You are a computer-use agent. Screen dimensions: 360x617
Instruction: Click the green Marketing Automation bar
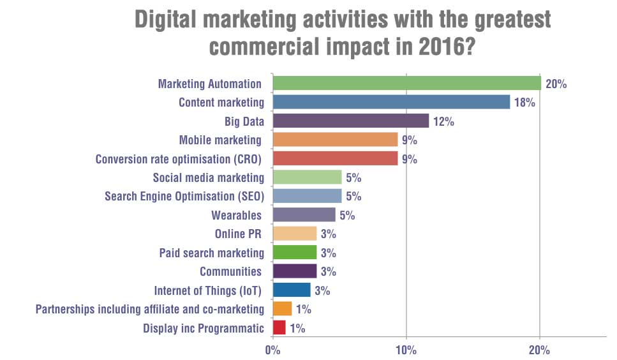(406, 83)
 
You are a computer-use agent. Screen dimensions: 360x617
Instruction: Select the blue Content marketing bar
(391, 102)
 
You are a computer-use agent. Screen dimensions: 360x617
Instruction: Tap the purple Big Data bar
(350, 121)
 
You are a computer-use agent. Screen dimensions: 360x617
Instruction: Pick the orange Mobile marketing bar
(335, 140)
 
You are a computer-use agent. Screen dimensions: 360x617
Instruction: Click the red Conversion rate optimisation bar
(335, 158)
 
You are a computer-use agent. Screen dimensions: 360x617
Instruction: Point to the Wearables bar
(304, 214)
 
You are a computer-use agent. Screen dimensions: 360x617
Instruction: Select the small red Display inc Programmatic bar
(279, 328)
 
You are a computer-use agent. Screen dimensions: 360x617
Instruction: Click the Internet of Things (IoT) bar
(292, 290)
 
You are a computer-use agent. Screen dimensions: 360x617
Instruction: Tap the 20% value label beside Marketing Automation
(555, 84)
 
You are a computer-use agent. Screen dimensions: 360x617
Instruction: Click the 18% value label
(524, 103)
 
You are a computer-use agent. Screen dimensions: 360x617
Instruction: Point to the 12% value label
(443, 121)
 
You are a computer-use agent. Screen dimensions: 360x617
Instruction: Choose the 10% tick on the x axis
(406, 350)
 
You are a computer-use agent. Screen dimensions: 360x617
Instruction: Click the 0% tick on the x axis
(272, 350)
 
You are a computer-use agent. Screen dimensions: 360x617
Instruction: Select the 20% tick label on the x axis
(540, 350)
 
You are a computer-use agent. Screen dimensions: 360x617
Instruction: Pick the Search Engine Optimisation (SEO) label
(184, 196)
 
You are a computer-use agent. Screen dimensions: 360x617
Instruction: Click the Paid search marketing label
(211, 253)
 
